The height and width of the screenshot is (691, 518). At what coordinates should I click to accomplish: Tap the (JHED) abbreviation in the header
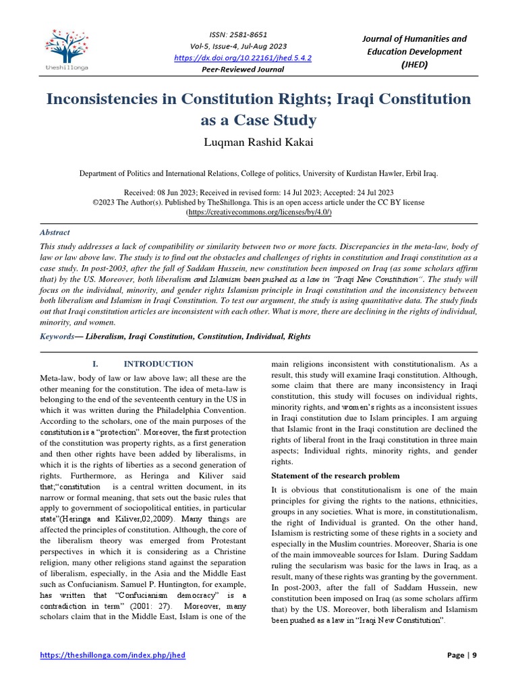pos(414,65)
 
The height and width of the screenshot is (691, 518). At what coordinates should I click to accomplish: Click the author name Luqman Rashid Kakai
pos(259,144)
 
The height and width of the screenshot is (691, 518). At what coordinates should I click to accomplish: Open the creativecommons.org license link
pos(259,212)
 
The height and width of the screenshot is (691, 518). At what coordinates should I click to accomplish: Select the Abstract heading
pos(55,232)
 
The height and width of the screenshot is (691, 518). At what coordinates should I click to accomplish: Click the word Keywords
pos(56,336)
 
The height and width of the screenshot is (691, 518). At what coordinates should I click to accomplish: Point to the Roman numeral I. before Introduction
pos(96,364)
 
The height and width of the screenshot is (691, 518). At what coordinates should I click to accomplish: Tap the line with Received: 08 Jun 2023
pos(259,192)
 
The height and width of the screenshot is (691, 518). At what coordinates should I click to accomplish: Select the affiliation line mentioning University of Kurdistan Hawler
pos(259,173)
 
